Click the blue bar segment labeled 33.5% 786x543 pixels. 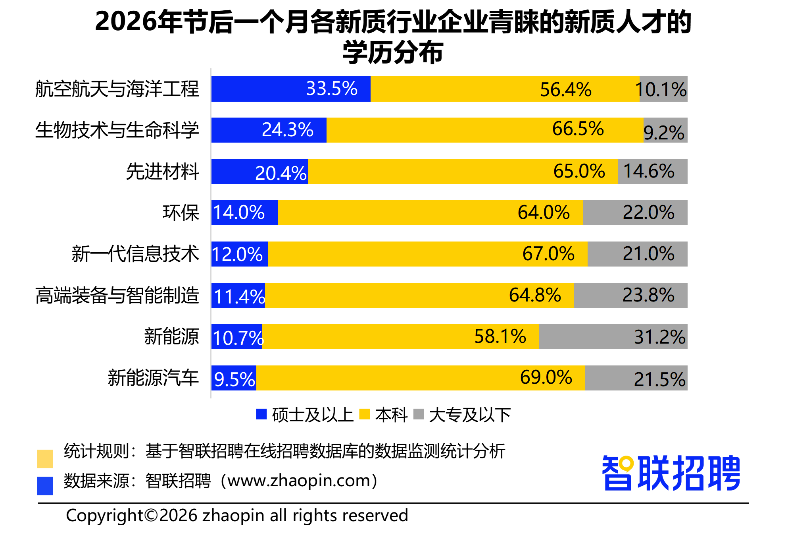coord(291,89)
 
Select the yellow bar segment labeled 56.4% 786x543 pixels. coord(505,89)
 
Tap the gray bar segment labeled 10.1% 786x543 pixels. coord(663,89)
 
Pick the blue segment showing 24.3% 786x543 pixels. coord(269,130)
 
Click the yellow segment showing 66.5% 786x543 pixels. coord(485,130)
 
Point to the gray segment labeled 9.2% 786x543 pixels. coord(665,130)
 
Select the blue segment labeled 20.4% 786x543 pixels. coord(260,172)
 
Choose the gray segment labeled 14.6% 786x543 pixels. coord(653,172)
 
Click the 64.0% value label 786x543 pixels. coord(544,213)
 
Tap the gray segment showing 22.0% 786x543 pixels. coord(635,213)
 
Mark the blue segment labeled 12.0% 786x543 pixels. coord(240,254)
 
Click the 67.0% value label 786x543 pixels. coord(548,254)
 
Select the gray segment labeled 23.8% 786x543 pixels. coord(631,296)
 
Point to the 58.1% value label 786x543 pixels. coord(500,336)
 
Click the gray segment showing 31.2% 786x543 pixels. coord(613,337)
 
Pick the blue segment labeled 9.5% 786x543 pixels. coord(234,378)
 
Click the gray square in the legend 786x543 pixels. coord(419,414)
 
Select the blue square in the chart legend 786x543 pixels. coord(261,414)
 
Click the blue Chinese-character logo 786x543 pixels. coord(671,473)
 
